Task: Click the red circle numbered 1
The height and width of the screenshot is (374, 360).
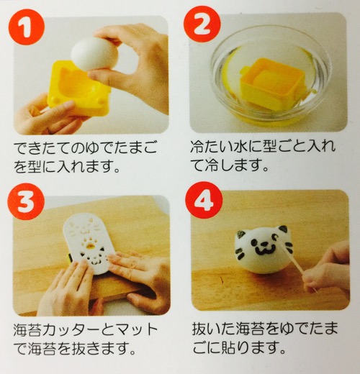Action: (27, 27)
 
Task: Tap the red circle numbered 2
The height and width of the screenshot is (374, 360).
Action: (202, 24)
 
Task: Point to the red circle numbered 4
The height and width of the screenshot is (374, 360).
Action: (204, 200)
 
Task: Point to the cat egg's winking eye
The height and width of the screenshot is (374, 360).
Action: (276, 238)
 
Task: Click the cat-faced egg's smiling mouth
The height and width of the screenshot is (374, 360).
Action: (266, 250)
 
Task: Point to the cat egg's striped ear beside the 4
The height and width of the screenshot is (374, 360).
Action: (242, 234)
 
